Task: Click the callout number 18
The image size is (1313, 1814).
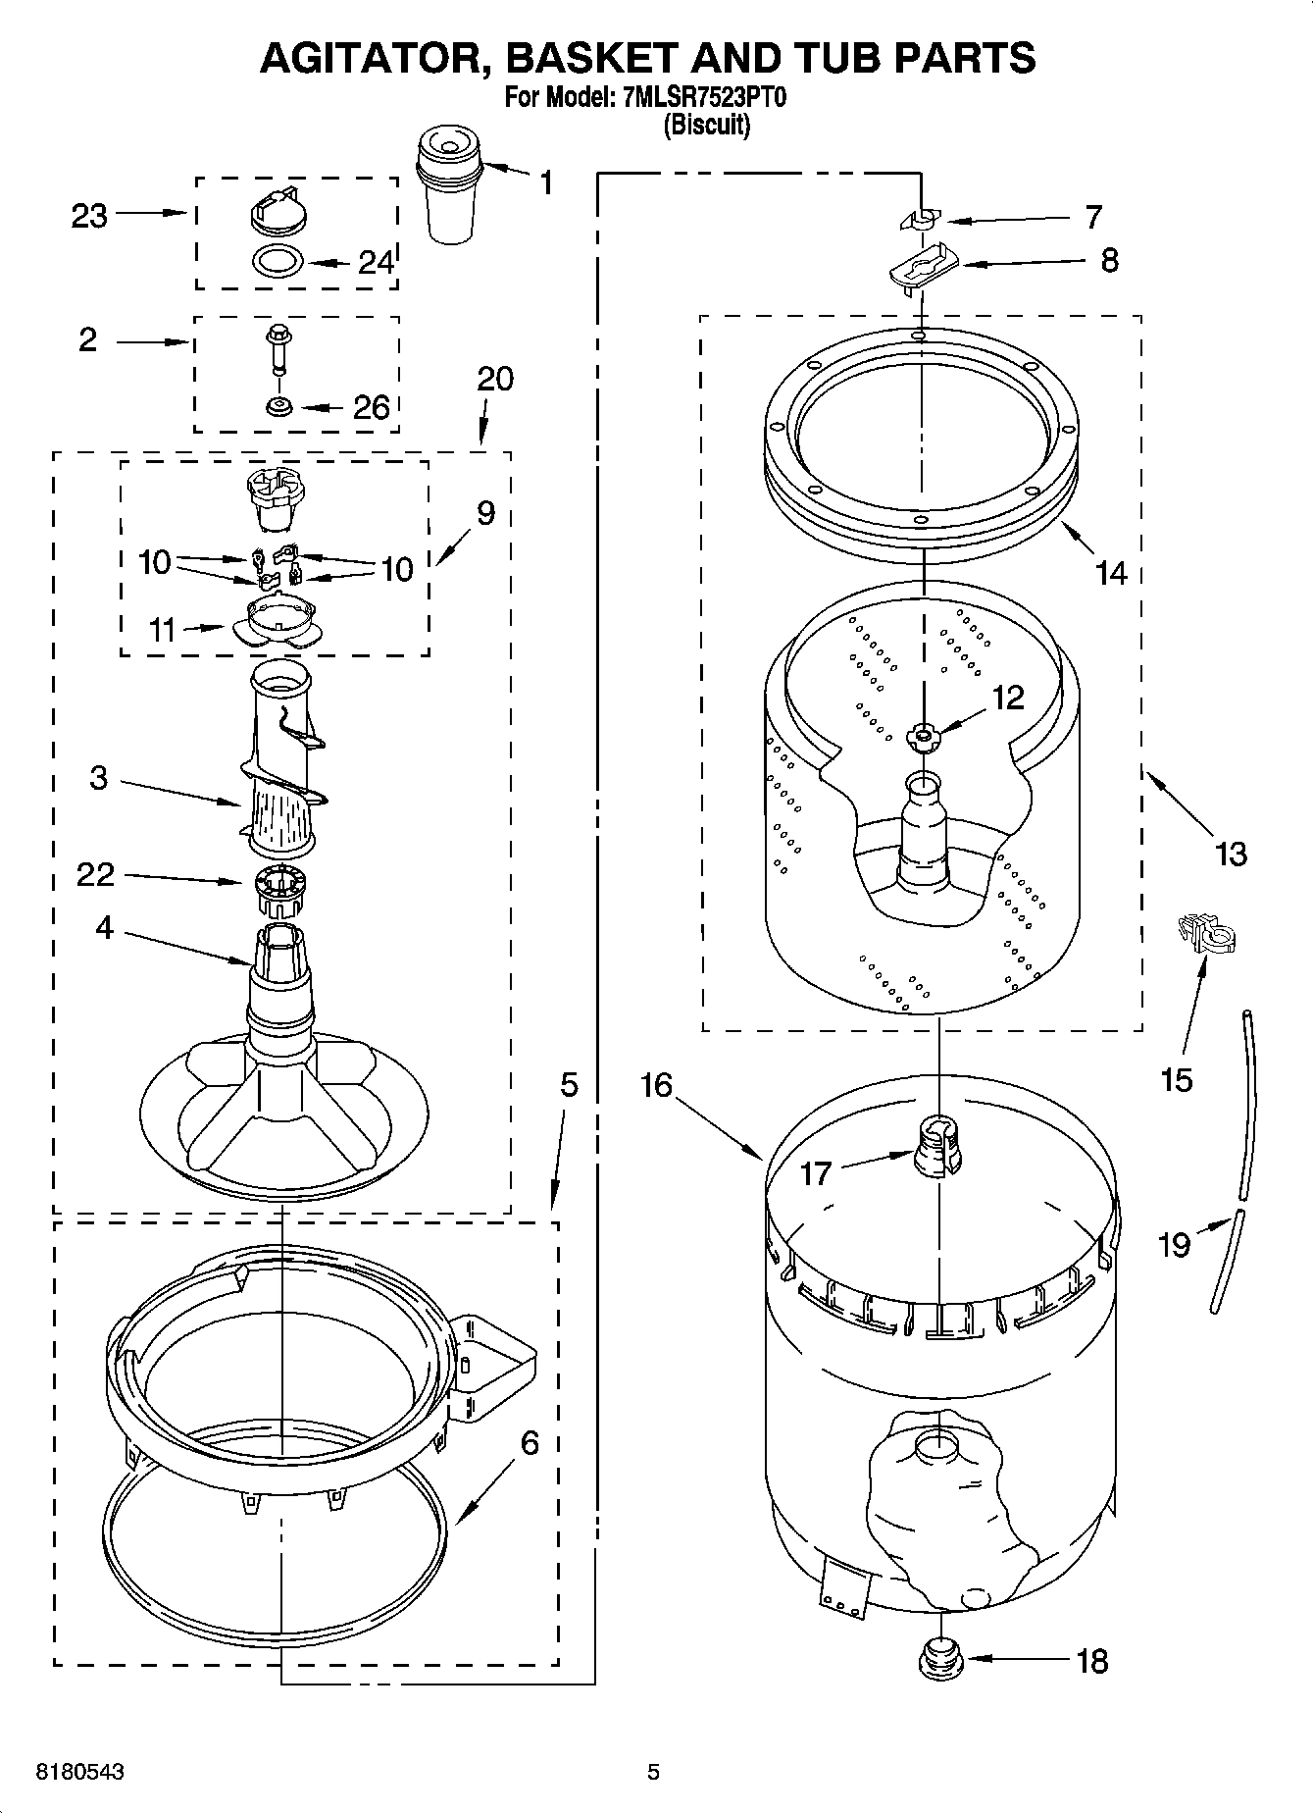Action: [1091, 1661]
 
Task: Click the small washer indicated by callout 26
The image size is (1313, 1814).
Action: [280, 405]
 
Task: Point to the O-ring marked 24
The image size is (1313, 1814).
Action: [278, 261]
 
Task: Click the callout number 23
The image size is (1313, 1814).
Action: [88, 215]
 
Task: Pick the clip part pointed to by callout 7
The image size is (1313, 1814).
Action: [921, 220]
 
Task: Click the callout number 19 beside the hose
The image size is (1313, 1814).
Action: [1174, 1244]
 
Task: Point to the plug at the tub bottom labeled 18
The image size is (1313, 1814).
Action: [938, 1659]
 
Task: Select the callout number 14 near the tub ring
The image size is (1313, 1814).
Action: [1111, 572]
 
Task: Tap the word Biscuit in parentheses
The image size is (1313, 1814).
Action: [707, 126]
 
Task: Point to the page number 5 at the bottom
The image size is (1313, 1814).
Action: [653, 1772]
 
